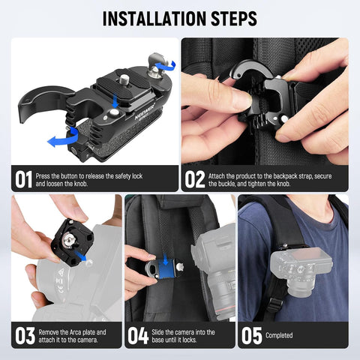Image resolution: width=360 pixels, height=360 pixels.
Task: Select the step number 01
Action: point(23,180)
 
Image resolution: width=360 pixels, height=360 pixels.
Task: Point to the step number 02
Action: point(194,180)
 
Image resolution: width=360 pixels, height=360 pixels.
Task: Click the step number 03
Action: point(23,335)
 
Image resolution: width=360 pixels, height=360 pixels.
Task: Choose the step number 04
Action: point(137,335)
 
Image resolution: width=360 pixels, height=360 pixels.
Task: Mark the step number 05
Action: point(251,335)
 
